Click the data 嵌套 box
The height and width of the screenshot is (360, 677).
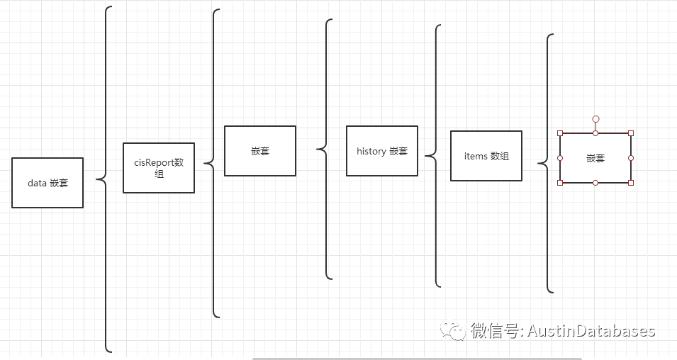pos(47,183)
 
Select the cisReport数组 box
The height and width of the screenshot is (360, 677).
pos(159,168)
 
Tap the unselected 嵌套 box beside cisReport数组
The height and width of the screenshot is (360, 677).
pos(260,151)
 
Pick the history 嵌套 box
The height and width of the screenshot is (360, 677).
pos(382,151)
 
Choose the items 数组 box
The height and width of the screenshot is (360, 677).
pos(486,156)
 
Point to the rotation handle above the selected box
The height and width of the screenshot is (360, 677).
pos(595,119)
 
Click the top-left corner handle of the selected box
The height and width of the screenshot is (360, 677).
pos(560,133)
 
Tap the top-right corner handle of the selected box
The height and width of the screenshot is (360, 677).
pos(631,133)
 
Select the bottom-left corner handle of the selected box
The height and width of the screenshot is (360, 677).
pos(560,183)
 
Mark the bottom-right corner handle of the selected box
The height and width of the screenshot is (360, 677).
pos(631,183)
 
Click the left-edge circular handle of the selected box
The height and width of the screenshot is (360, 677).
pos(560,158)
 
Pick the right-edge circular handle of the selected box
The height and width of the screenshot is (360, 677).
pos(631,158)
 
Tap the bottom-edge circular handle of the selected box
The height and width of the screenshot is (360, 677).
pos(595,183)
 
